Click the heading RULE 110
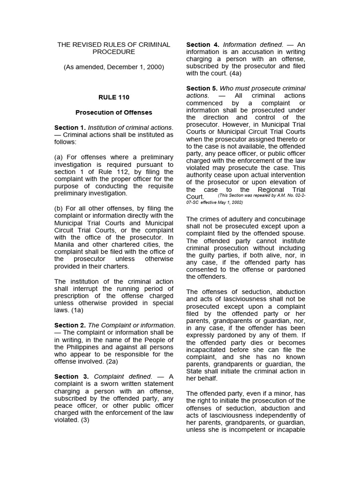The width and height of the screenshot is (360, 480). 113,97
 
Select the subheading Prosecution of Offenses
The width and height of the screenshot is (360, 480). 113,112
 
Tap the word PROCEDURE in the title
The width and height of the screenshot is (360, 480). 113,52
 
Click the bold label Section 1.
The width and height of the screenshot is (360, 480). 69,127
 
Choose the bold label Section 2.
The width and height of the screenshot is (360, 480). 69,325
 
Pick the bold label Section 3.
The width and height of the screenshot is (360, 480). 69,376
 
